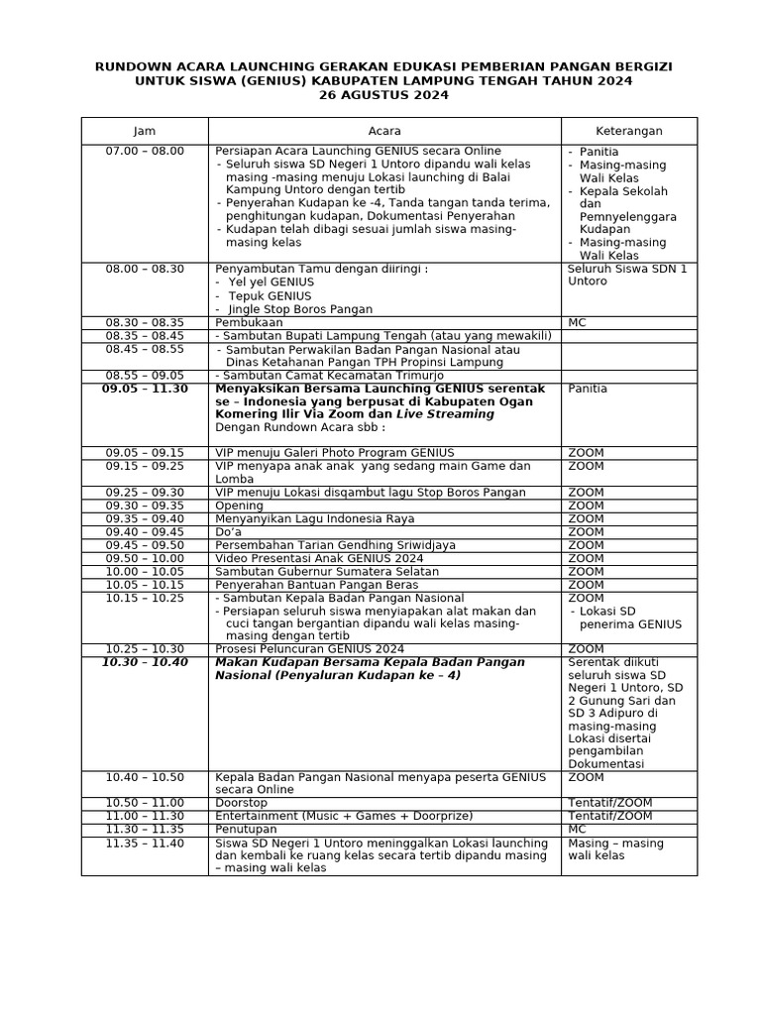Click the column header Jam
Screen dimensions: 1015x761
tap(145, 131)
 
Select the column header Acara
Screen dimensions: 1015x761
tap(384, 131)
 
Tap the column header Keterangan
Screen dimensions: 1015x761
tap(628, 131)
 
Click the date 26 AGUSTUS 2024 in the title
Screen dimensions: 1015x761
tap(382, 95)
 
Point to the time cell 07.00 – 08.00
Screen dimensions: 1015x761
tap(145, 151)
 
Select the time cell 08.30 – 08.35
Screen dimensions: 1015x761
tap(145, 322)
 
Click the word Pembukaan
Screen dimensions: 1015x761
tap(248, 322)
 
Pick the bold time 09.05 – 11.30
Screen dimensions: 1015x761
tap(145, 389)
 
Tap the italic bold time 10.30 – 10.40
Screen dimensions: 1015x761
tap(145, 662)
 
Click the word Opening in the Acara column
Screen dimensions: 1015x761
tap(240, 506)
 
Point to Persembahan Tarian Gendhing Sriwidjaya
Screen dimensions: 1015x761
tap(336, 545)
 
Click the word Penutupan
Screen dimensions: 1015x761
tap(246, 829)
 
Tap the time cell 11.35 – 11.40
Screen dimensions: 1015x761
tap(145, 843)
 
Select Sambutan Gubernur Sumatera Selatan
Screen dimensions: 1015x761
tap(327, 571)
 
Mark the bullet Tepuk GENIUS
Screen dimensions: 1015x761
tap(270, 295)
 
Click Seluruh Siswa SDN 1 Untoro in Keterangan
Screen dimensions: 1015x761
tap(627, 275)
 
